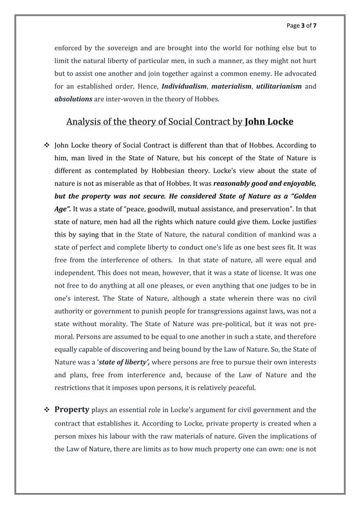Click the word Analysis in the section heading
pyautogui.click(x=85, y=121)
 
